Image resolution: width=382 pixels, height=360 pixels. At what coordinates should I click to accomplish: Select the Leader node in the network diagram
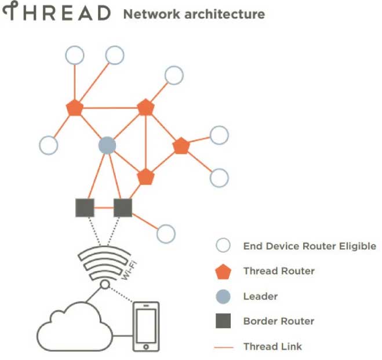[x=107, y=145]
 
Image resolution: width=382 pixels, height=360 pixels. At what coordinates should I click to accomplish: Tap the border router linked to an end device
[x=123, y=207]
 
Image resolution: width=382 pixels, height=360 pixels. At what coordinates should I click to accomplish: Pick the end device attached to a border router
[x=166, y=234]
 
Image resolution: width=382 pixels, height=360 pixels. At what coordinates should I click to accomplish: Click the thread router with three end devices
[x=75, y=108]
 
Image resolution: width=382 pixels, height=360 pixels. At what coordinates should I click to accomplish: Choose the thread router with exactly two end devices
[x=181, y=146]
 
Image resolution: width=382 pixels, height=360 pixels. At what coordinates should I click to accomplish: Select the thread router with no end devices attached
[x=145, y=176]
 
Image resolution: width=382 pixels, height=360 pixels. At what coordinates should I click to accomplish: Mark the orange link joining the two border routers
[x=104, y=207]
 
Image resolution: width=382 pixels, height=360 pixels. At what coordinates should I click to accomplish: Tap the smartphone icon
[x=146, y=326]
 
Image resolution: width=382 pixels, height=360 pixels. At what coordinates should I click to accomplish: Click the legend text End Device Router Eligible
[x=310, y=246]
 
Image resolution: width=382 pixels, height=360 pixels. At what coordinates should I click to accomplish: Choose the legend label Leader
[x=260, y=296]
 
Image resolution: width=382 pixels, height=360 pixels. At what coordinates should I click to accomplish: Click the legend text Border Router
[x=278, y=321]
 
